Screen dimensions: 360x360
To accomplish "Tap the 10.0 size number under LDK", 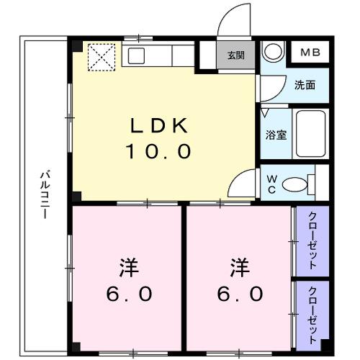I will click(160, 152).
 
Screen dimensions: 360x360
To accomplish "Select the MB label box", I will click(310, 53).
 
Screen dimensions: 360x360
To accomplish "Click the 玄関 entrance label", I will click(235, 55).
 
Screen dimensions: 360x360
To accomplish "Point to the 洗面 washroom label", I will click(305, 85).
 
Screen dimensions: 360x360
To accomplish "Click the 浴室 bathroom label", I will click(276, 135).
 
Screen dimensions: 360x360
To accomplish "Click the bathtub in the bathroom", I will click(310, 135).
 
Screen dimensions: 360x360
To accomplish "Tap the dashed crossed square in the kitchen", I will click(101, 57).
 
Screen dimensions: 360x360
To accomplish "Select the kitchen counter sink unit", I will click(158, 55).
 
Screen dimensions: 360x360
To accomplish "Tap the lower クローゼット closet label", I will click(312, 313).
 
